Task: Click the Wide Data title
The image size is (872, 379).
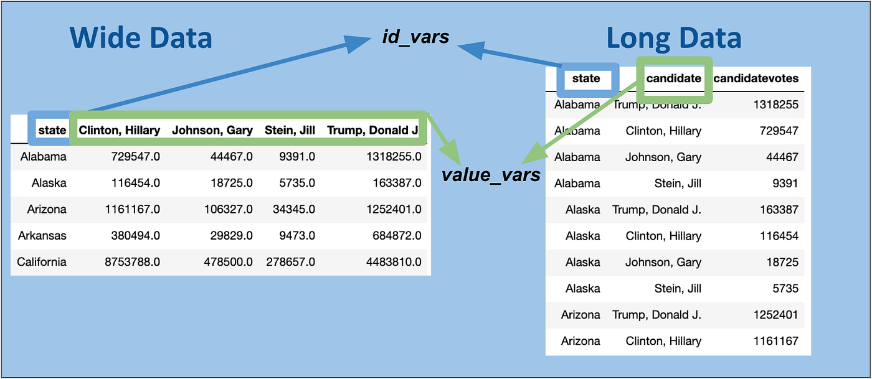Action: [x=141, y=38]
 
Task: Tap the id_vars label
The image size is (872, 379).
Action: [x=416, y=37]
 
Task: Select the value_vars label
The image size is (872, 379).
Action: [x=491, y=175]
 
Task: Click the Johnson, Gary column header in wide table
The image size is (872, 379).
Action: [x=212, y=130]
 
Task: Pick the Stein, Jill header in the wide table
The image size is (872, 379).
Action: [x=290, y=130]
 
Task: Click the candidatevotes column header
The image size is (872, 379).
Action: [x=756, y=78]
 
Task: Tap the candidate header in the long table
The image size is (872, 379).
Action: [x=673, y=78]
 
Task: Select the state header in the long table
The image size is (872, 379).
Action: [x=586, y=78]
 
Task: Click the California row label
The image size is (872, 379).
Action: [x=42, y=262]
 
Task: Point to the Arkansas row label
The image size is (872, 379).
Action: [x=42, y=235]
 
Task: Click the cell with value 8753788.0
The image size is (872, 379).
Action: [x=132, y=262]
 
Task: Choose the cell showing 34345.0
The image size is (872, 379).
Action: [x=294, y=209]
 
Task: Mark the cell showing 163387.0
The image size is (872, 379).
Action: [x=397, y=183]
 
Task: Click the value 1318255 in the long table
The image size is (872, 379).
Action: [x=776, y=105]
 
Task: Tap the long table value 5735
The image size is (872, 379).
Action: [x=785, y=288]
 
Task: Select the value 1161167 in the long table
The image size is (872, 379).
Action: [x=776, y=341]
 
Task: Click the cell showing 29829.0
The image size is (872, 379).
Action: [x=232, y=235]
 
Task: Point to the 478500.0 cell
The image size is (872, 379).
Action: [x=229, y=262]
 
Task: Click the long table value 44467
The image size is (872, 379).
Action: [x=782, y=157]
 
